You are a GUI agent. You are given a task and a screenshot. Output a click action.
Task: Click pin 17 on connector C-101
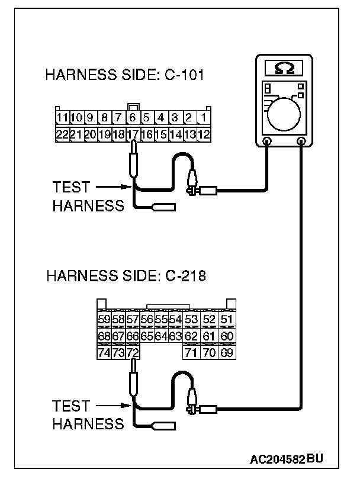point(133,133)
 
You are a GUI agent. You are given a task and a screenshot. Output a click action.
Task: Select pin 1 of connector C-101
point(204,117)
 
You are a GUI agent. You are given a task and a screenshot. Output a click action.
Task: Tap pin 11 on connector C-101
point(62,117)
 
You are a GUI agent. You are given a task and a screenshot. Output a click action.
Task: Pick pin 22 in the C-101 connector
point(62,133)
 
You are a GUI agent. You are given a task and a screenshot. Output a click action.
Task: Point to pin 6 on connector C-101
point(133,117)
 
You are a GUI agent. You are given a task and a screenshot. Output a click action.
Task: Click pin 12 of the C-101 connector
point(204,133)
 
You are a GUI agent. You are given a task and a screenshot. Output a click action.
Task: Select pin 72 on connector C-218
point(133,353)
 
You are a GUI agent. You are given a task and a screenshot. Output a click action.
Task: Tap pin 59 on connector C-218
point(104,320)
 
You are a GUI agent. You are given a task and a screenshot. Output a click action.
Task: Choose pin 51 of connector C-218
point(227,320)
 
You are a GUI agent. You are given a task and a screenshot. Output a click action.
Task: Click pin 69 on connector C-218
point(227,353)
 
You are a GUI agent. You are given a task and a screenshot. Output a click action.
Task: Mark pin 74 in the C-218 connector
point(104,353)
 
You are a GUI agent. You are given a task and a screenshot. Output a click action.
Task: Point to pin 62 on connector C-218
point(190,336)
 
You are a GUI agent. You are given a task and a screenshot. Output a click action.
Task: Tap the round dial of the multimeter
point(284,112)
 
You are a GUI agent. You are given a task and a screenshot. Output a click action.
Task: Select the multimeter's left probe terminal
point(267,142)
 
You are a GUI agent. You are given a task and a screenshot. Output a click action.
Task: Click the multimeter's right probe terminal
point(302,142)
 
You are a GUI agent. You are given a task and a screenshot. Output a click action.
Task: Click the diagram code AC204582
point(278,458)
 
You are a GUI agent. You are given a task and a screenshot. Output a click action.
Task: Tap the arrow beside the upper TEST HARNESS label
point(112,187)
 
